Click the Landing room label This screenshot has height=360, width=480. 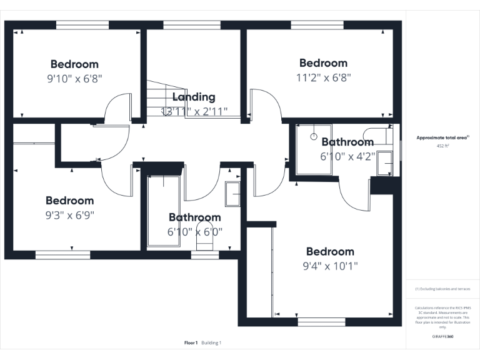coord(194,97)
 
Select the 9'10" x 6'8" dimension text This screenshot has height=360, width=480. coord(74,79)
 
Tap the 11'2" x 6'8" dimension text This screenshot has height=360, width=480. coord(323,78)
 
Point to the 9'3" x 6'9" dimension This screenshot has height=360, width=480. coord(69,215)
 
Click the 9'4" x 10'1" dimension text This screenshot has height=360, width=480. coord(330,266)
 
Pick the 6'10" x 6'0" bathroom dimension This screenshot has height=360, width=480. coord(194,232)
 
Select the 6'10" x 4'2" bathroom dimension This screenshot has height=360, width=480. coord(347,157)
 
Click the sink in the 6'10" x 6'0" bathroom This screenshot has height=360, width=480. coord(233,194)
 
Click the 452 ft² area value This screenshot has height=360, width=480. coord(442,146)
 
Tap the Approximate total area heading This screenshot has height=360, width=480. coord(442,137)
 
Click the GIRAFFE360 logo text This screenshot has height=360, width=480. coord(442,337)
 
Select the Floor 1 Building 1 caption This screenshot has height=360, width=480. coord(202,342)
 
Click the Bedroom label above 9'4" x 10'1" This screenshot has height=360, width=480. coord(330,251)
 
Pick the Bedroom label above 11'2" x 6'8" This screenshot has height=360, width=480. coord(323,63)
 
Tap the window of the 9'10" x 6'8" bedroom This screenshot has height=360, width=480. coord(82,26)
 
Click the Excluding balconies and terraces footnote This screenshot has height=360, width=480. coord(442,289)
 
